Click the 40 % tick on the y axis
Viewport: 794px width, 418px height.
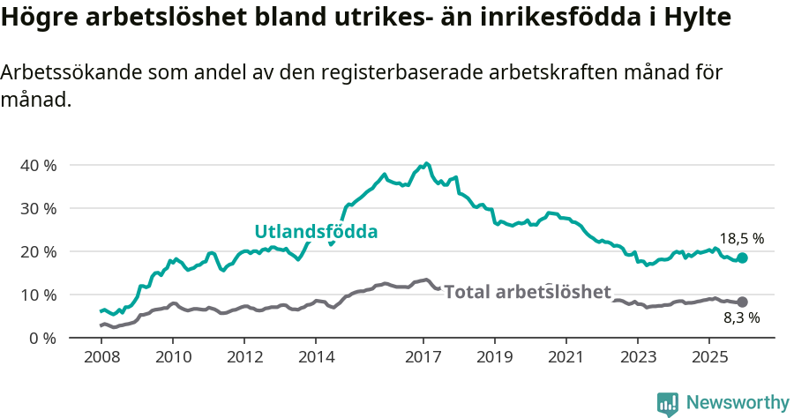(x=38, y=165)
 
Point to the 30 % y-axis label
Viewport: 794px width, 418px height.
(x=38, y=208)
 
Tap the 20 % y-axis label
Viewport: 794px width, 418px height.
(x=38, y=251)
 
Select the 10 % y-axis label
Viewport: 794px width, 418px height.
(x=38, y=295)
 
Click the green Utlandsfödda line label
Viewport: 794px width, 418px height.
(x=316, y=232)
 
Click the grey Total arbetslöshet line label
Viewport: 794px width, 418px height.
(x=528, y=292)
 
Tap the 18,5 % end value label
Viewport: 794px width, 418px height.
(x=741, y=238)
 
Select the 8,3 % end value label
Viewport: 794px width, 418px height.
(x=741, y=317)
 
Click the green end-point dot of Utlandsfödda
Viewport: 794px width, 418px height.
(x=743, y=258)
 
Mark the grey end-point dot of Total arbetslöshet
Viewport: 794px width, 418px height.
(x=743, y=302)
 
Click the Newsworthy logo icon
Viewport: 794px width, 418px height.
(x=668, y=403)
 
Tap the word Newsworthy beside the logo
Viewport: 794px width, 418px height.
(x=738, y=403)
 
